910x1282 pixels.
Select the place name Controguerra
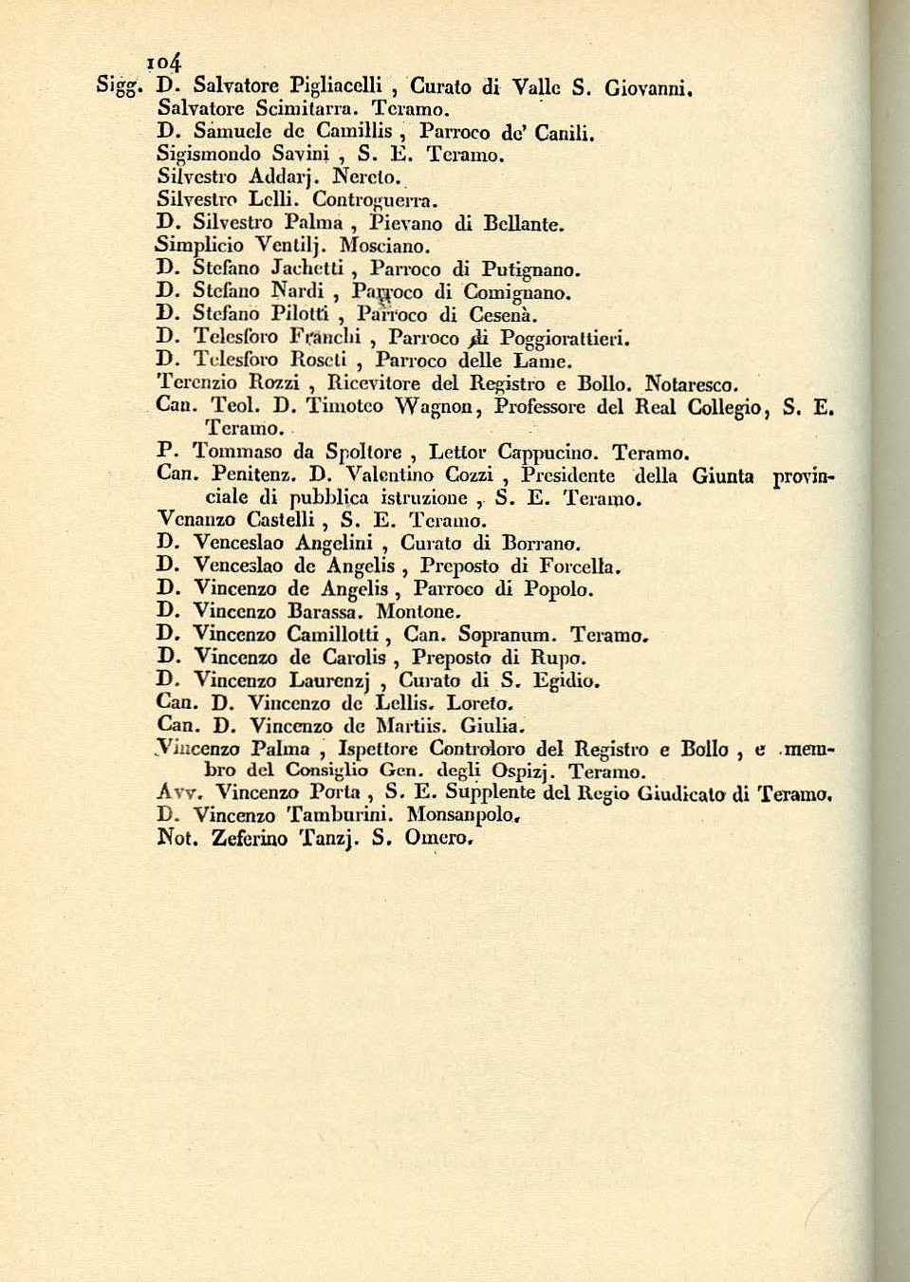pyautogui.click(x=376, y=199)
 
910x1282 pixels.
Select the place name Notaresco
pyautogui.click(x=691, y=385)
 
